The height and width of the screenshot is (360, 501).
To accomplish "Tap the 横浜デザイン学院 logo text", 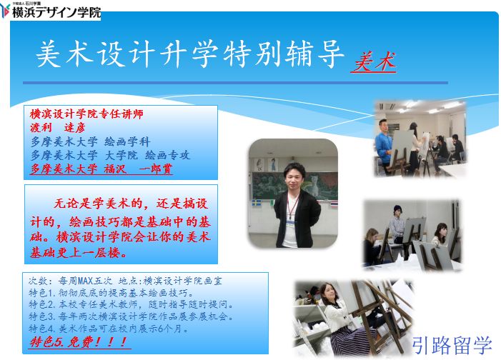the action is [56, 12].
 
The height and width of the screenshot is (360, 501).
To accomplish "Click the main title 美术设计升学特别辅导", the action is [190, 53].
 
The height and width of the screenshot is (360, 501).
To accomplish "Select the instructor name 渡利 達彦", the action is [58, 127].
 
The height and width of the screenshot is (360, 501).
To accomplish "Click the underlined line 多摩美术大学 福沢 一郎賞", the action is [101, 169].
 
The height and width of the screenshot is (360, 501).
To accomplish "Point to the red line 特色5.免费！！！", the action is [79, 342].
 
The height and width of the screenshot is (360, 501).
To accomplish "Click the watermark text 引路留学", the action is [452, 345].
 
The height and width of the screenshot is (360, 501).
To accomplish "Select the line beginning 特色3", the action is [132, 316].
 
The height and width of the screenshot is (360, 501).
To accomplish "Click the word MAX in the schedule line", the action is [85, 281].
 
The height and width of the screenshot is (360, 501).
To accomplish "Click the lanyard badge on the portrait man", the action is [290, 223].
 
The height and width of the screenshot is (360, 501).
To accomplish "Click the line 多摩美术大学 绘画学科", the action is [91, 141].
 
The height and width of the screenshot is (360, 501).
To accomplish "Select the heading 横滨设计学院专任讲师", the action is [86, 114].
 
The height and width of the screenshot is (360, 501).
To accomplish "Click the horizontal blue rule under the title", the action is [235, 83].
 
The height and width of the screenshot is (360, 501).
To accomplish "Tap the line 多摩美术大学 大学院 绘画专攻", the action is [110, 155].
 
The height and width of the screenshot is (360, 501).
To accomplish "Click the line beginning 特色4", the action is [109, 328].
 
